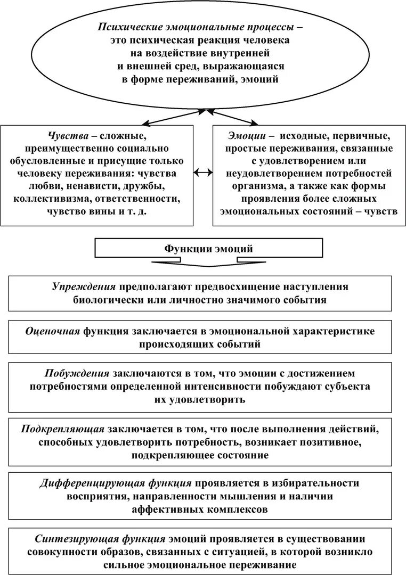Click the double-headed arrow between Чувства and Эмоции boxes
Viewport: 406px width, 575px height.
coord(203,172)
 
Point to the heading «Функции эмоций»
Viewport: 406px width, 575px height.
coord(209,249)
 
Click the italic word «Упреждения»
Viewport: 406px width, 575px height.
coord(84,287)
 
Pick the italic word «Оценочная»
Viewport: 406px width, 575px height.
coord(52,331)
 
